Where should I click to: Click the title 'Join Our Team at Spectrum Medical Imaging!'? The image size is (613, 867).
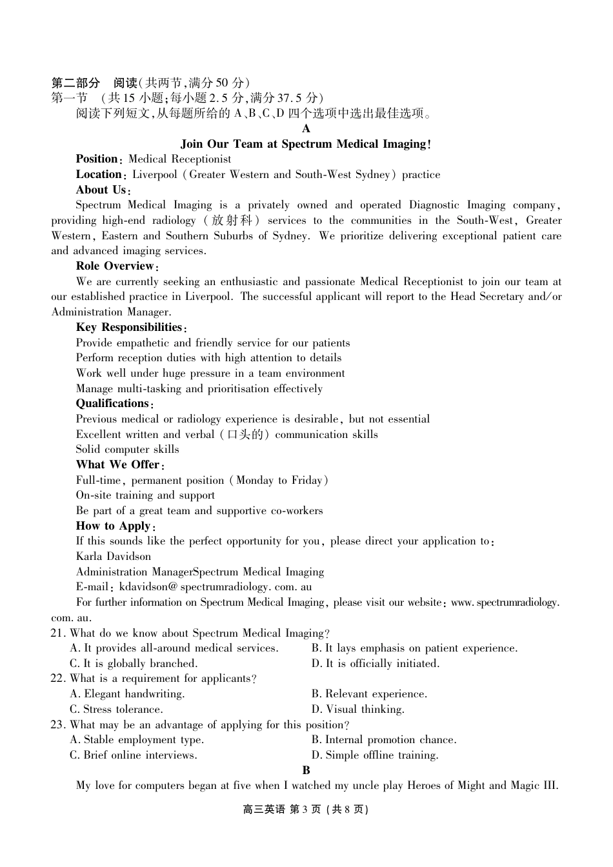click(x=306, y=144)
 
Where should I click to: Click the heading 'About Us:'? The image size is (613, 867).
click(x=103, y=190)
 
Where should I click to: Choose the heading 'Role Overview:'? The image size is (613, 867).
click(x=117, y=266)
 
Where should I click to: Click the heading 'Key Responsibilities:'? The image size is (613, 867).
click(x=131, y=328)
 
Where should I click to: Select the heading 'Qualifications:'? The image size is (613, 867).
click(x=114, y=404)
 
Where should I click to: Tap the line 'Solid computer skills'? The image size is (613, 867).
click(x=127, y=450)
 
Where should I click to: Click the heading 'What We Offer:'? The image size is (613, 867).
click(x=120, y=465)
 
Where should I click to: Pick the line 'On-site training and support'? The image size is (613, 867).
click(x=145, y=495)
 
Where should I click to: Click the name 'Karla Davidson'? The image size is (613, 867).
click(x=114, y=557)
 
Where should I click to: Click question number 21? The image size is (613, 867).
click(x=58, y=633)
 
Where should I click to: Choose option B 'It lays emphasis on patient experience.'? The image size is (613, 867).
click(x=414, y=648)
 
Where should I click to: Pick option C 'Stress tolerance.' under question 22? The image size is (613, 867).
click(x=116, y=710)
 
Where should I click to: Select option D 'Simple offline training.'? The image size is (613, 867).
click(x=375, y=755)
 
